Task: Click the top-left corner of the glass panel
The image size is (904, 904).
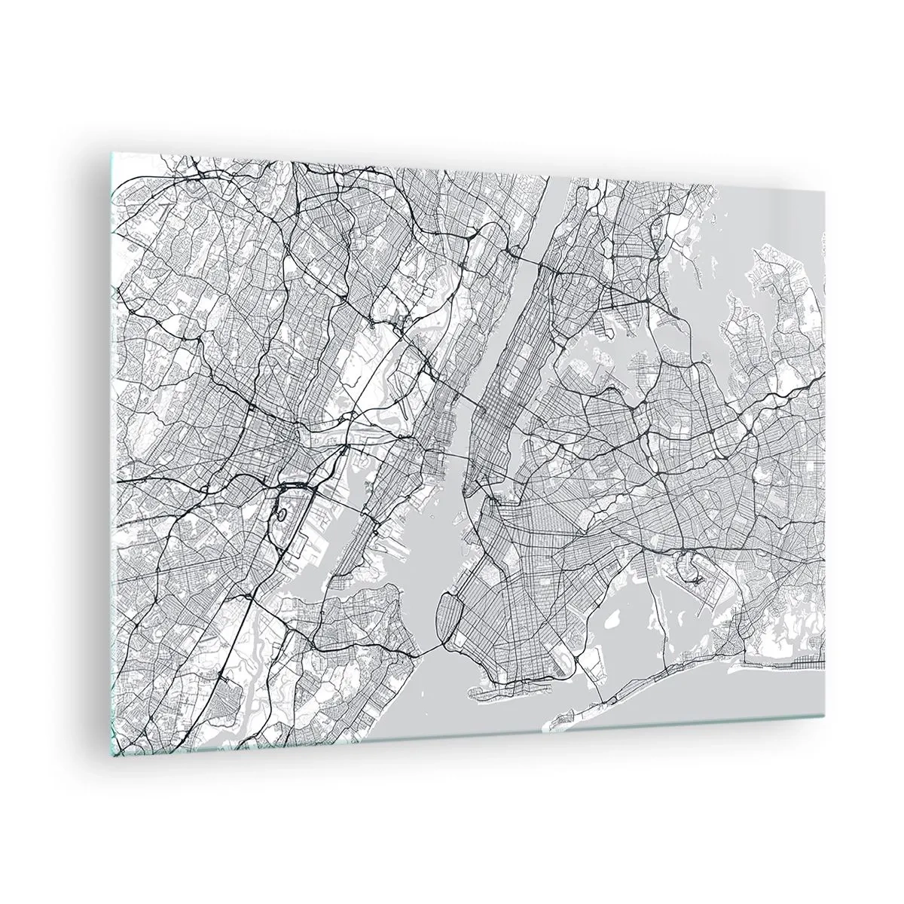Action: (x=112, y=154)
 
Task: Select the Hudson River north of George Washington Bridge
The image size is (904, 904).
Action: (x=550, y=211)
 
